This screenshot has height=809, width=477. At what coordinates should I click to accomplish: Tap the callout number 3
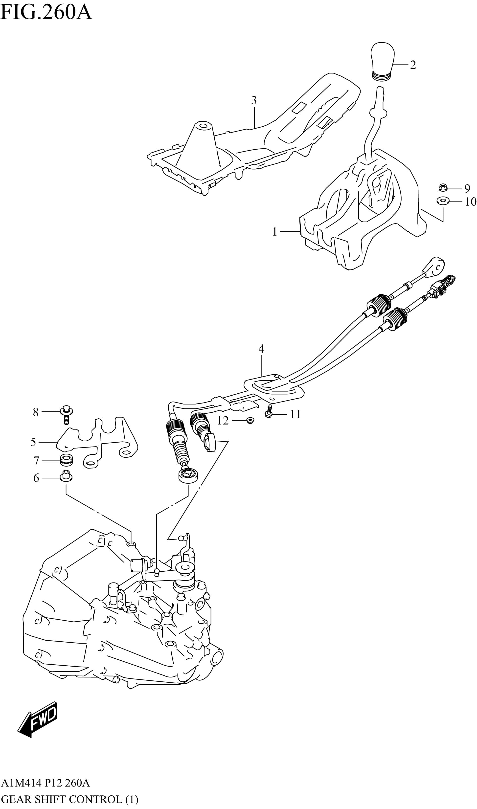point(254,101)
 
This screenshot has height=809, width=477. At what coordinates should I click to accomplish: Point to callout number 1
point(274,232)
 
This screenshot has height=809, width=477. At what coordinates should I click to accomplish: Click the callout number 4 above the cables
point(261,349)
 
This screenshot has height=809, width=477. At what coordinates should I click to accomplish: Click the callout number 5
point(33,442)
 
